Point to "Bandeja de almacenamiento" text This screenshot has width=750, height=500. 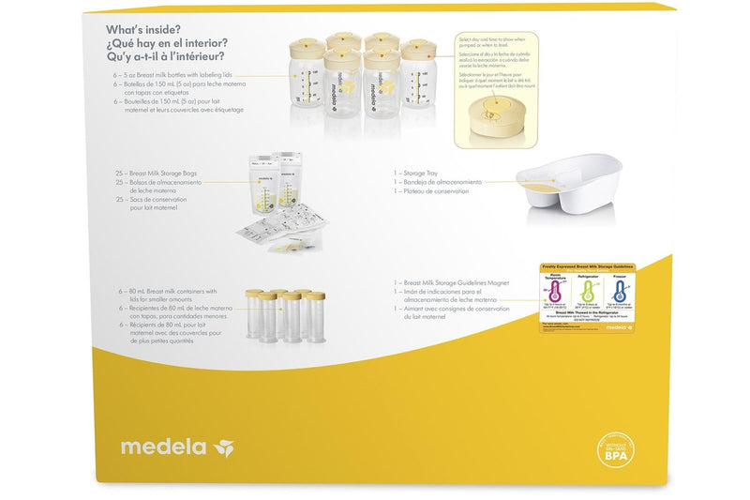click(x=442, y=181)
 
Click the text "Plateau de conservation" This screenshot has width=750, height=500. click(x=439, y=190)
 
